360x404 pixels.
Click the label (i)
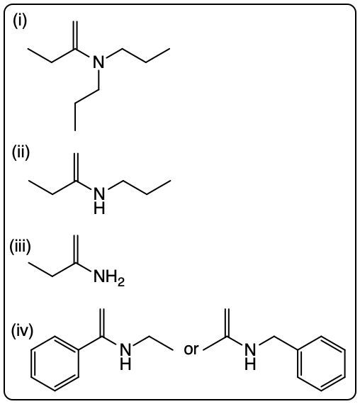click(20, 21)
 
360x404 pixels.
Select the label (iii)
click(20, 247)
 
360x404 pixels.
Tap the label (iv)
click(22, 330)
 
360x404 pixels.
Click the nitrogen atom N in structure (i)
click(99, 62)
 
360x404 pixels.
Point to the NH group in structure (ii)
click(99, 201)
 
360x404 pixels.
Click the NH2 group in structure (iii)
click(109, 277)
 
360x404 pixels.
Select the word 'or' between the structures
click(191, 349)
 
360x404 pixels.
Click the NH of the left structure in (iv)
click(125, 357)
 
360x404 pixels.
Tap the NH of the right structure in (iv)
click(250, 357)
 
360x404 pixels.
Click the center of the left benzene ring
click(55, 364)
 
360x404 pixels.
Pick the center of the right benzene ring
click(321, 364)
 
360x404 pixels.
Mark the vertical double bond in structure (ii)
click(76, 167)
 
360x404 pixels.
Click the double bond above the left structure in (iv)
click(102, 322)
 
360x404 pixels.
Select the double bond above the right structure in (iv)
click(227, 322)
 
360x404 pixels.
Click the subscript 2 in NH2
click(121, 282)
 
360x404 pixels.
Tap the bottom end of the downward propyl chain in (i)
click(75, 131)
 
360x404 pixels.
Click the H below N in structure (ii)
click(99, 208)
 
